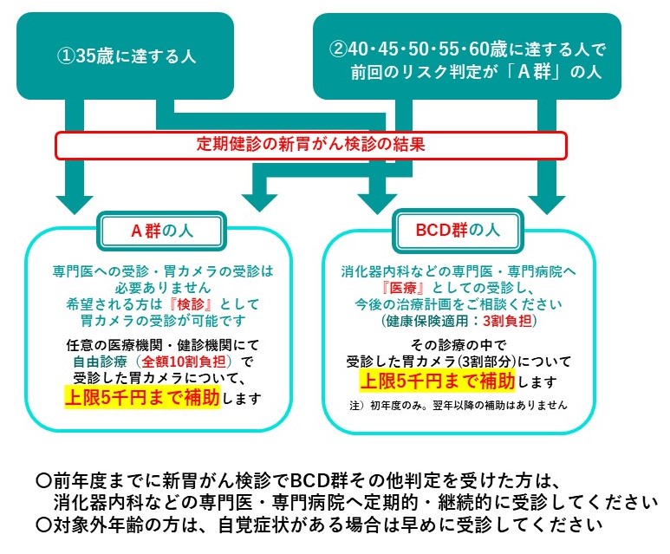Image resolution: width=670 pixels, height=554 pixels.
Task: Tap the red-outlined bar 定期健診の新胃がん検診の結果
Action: coord(310,145)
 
